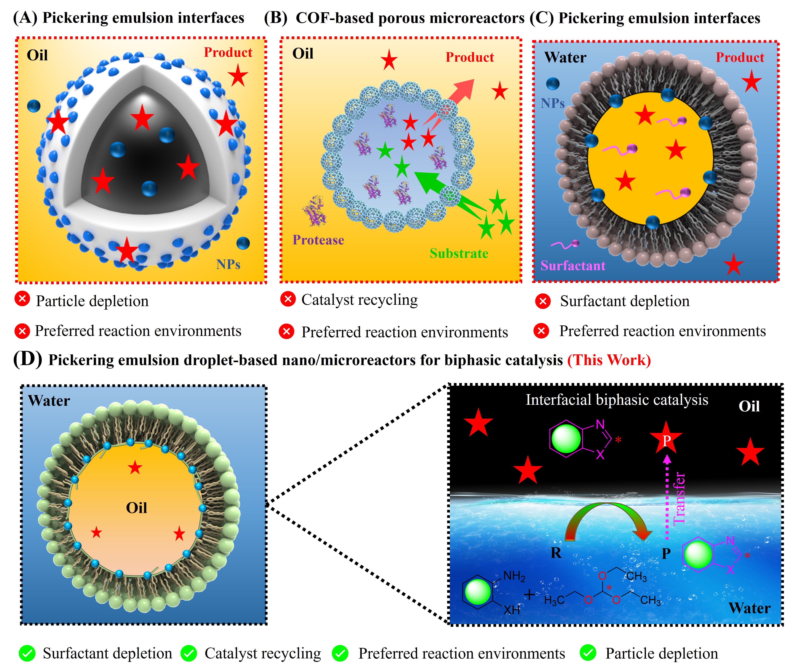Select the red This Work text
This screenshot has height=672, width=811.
pos(609,360)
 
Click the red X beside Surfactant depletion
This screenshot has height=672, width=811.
pos(543,301)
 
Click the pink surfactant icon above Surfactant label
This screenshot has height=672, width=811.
pos(565,244)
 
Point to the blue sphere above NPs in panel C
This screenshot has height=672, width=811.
pos(553,83)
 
